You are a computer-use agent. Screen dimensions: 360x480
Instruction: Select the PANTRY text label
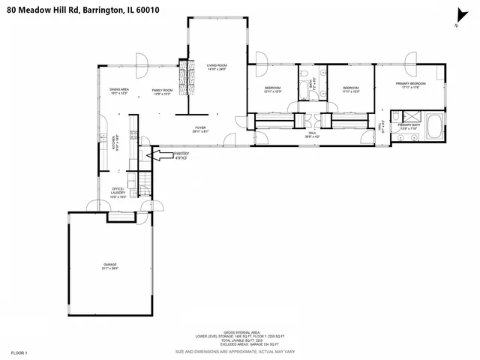[x=182, y=154]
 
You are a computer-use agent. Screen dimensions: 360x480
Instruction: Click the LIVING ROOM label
[x=217, y=67]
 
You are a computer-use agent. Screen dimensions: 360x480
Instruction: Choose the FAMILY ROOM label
[x=163, y=92]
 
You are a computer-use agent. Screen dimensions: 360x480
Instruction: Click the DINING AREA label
[x=119, y=92]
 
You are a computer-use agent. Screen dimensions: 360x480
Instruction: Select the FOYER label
[x=200, y=129]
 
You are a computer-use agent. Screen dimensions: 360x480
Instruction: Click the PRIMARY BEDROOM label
[x=414, y=85]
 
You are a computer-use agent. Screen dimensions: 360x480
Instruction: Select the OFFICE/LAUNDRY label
[x=118, y=190]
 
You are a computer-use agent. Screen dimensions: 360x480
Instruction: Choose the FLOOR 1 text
[x=19, y=352]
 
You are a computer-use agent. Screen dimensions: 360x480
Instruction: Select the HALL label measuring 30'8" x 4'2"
[x=312, y=136]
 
